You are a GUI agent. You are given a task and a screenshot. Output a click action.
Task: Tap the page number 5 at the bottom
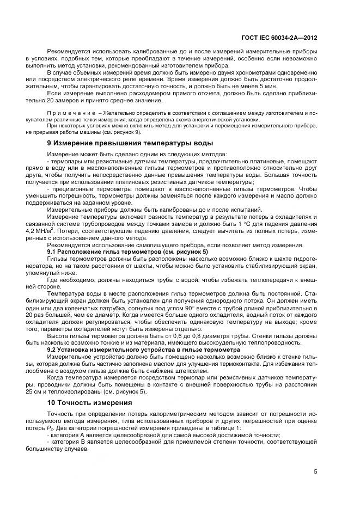316,471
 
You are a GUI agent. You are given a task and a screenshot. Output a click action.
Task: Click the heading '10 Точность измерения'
89,403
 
